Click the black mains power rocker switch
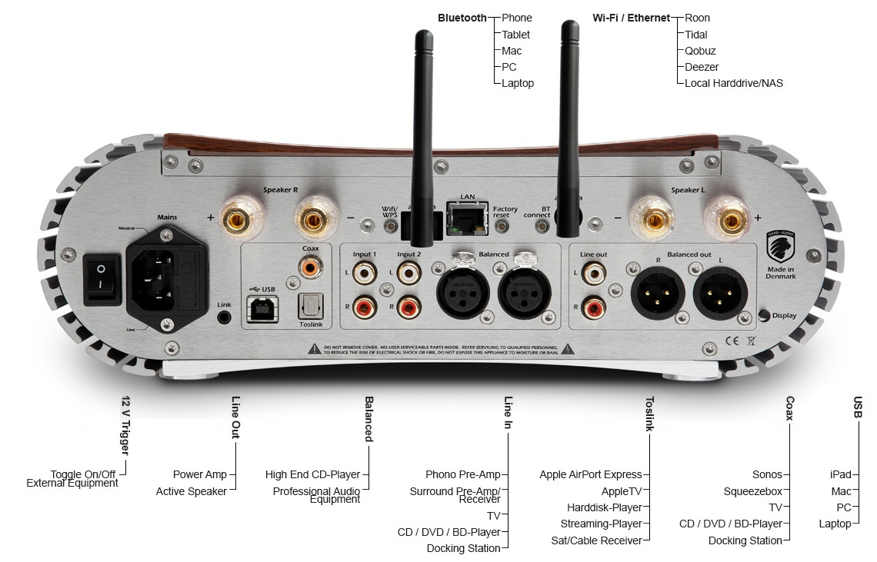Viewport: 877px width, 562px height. (x=102, y=280)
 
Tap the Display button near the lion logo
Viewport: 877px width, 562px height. (x=763, y=315)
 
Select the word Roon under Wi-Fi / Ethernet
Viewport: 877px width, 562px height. (x=697, y=18)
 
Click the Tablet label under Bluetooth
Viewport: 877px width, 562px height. (x=515, y=35)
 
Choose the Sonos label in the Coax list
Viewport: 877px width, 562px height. (x=767, y=475)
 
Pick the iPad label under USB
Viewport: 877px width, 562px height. (x=840, y=475)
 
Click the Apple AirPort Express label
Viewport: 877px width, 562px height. (x=590, y=475)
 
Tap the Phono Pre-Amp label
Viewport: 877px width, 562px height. (x=462, y=475)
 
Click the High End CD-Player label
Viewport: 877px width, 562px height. (x=312, y=475)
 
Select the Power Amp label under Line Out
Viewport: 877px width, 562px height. (x=199, y=475)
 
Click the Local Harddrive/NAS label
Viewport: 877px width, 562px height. (x=733, y=83)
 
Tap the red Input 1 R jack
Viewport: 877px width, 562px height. (x=365, y=308)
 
